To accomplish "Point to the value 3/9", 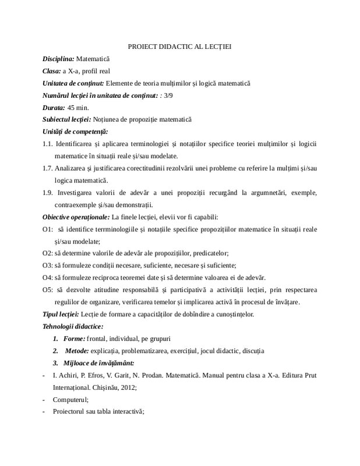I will pos(170,96).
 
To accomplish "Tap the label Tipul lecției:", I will pos(63,315).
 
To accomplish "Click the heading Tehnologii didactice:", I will pos(73,326).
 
